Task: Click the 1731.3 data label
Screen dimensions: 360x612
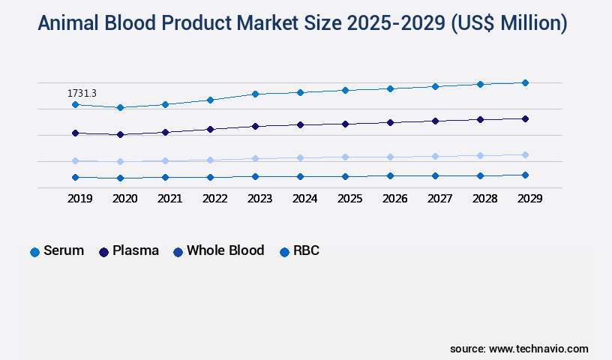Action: coord(82,93)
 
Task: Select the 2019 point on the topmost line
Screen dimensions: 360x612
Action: coord(75,104)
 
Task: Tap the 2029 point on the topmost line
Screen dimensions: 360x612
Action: coord(525,82)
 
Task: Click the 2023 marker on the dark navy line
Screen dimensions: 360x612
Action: coord(255,126)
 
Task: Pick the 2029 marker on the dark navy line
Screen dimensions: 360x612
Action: coord(525,118)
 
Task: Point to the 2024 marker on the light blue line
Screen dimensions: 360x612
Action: coord(300,157)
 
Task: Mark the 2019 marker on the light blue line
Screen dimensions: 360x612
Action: coord(75,160)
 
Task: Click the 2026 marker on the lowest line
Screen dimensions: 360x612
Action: coord(390,175)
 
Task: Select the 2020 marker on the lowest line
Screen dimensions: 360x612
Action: coord(120,178)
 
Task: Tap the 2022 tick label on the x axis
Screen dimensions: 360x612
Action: coord(214,199)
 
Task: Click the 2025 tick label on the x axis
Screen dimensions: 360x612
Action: coord(349,199)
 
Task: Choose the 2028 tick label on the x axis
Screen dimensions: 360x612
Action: coord(484,199)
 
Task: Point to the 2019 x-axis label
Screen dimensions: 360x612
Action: coord(79,199)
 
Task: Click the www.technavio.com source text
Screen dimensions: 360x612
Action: coord(538,349)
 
